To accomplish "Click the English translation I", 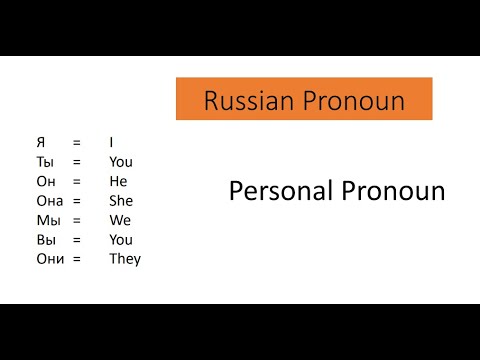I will [111, 142].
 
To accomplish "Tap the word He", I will [119, 181].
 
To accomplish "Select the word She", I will [122, 200].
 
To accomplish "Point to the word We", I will [120, 220].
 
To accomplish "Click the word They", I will [125, 259].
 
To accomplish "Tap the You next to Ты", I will [121, 162].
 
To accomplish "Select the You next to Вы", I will [121, 239].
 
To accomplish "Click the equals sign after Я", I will [76, 142].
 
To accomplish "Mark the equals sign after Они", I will [76, 259].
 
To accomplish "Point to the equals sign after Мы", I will [76, 220].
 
